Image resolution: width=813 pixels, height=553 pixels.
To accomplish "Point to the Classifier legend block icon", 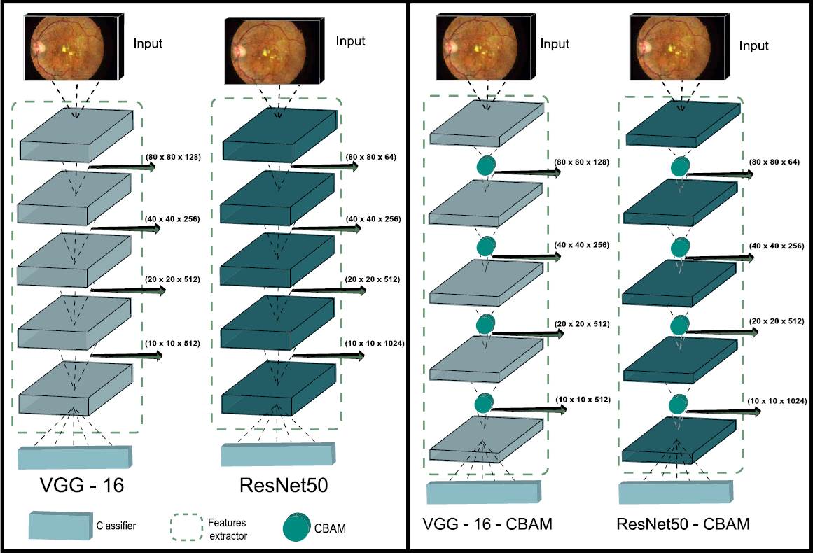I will click(x=59, y=525).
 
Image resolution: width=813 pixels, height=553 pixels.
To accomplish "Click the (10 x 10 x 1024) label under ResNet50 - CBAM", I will click(x=777, y=401).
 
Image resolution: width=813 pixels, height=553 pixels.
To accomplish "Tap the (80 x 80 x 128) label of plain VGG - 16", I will click(x=173, y=156).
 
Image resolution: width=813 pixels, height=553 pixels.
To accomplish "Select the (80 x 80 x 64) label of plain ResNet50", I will click(x=371, y=156).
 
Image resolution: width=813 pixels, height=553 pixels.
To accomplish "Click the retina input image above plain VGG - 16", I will click(x=69, y=47).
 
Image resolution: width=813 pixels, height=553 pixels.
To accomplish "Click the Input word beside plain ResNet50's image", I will click(x=351, y=41).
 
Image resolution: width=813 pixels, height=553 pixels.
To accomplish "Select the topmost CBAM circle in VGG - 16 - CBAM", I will click(x=485, y=167).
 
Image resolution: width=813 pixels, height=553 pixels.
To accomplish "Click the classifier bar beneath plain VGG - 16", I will click(x=74, y=456).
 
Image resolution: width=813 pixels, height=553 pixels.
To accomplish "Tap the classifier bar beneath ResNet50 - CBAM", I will click(x=676, y=492).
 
